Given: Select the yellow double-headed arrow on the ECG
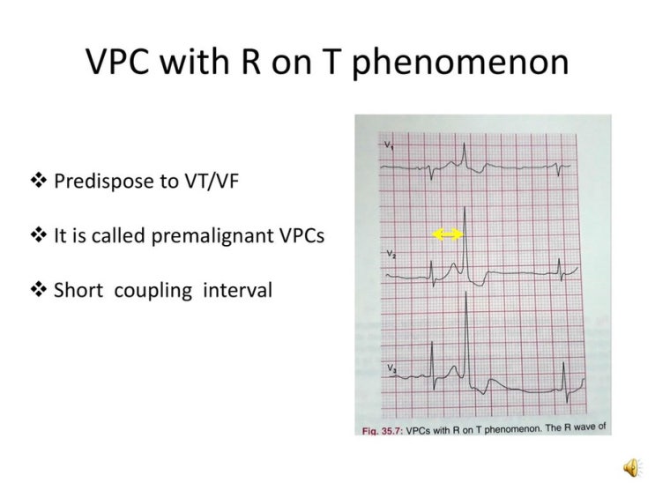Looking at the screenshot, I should tap(448, 234).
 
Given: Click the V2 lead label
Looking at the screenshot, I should tap(390, 255).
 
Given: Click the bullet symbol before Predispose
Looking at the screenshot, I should tap(39, 182).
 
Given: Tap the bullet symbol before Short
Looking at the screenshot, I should tap(39, 290).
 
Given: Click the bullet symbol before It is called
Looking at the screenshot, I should tap(39, 235).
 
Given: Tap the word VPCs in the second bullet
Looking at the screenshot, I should tap(300, 235).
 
